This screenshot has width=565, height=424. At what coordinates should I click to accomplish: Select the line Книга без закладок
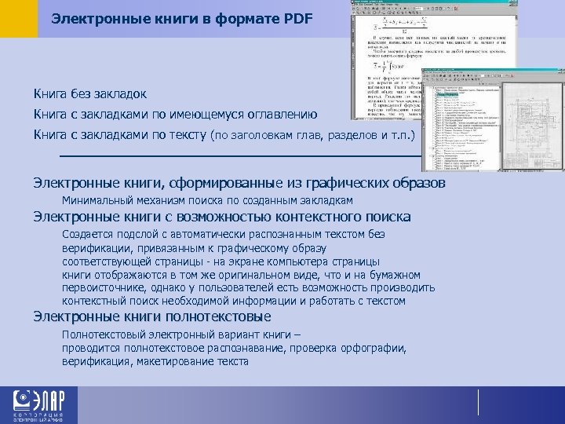coord(89,94)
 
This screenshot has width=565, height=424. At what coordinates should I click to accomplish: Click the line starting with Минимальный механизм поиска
coord(207,201)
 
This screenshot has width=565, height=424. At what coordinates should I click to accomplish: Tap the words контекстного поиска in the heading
coord(348,217)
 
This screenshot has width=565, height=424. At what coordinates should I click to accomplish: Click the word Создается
coord(89,234)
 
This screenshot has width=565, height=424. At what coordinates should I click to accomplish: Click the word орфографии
coord(372,348)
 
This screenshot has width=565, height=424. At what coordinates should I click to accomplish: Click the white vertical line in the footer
coord(478,401)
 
